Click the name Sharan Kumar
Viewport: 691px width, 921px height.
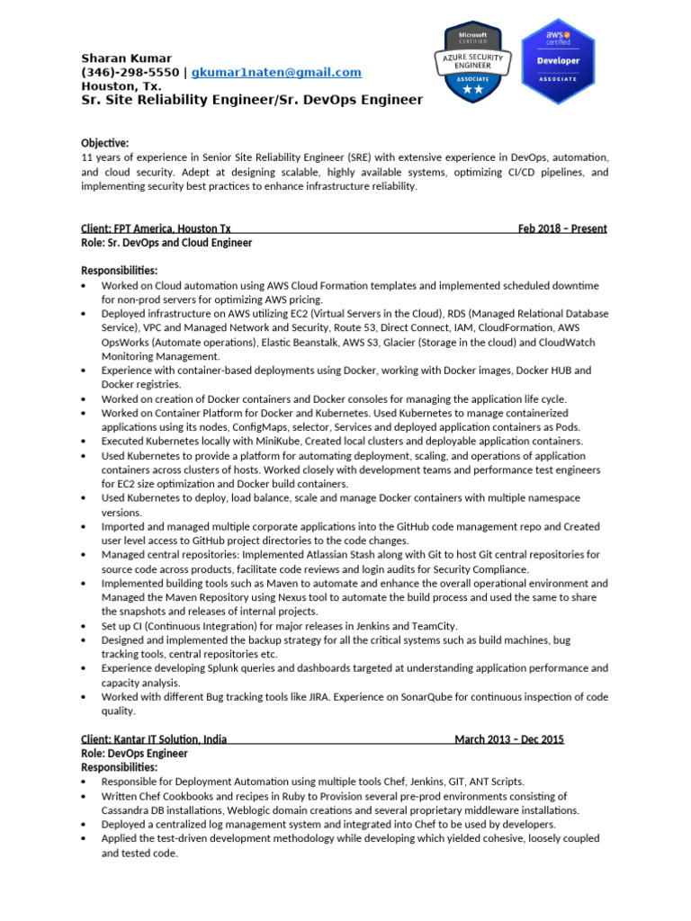click(x=126, y=58)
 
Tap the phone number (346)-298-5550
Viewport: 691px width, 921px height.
click(x=130, y=72)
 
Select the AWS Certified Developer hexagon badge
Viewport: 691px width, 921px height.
click(x=558, y=60)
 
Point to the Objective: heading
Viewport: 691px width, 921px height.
click(x=105, y=143)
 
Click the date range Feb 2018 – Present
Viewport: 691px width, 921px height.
click(x=562, y=228)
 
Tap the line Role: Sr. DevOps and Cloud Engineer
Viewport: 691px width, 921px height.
click(x=166, y=243)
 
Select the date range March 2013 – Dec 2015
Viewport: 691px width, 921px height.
click(x=509, y=739)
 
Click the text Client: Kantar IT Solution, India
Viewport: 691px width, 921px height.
click(x=154, y=739)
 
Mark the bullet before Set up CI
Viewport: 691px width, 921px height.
click(x=84, y=626)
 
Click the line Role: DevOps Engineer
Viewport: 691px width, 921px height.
click(x=135, y=754)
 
